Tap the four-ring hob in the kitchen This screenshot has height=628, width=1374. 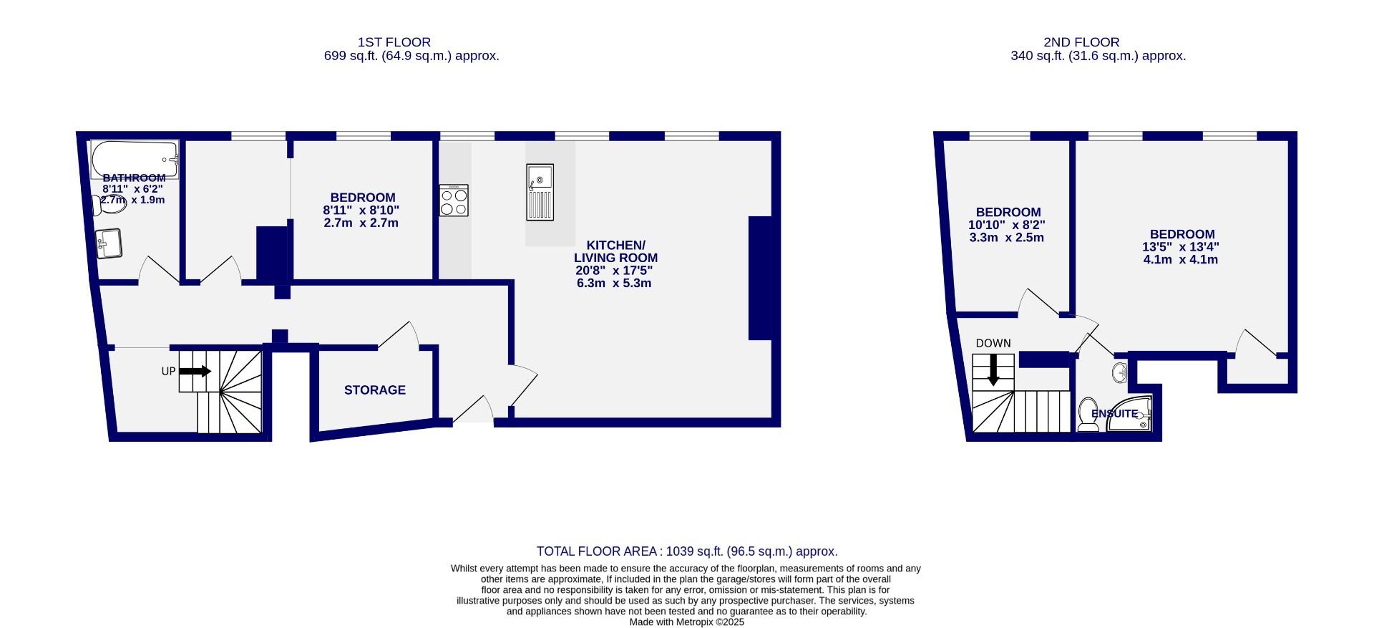(x=454, y=201)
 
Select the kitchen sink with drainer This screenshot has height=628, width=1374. (x=540, y=192)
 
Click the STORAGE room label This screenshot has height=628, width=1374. (x=375, y=390)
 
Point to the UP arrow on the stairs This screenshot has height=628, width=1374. (x=195, y=371)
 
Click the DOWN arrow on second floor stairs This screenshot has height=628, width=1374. (x=993, y=371)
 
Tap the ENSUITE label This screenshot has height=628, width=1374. (x=1114, y=414)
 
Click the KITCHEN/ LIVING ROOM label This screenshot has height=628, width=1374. (x=615, y=251)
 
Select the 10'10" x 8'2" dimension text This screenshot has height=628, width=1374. (x=1006, y=225)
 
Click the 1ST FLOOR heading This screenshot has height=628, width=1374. (x=394, y=42)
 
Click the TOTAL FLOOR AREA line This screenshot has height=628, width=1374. (x=687, y=551)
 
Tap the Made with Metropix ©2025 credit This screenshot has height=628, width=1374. (x=687, y=622)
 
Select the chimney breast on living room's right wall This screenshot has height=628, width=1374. (x=759, y=278)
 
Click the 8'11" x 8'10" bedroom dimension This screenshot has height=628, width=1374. (x=361, y=211)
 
